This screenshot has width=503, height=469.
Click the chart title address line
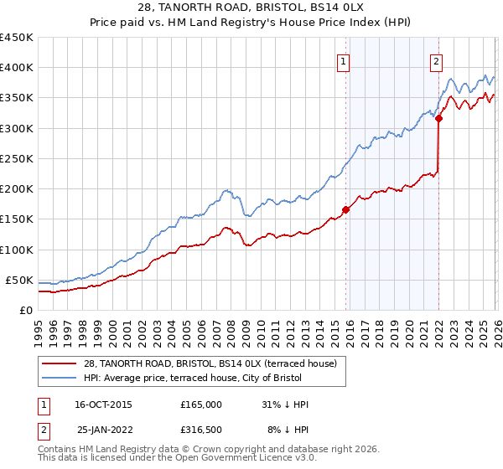pos(251,8)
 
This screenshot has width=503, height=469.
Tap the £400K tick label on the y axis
pos(16,68)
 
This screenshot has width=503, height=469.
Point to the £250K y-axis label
pos(16,158)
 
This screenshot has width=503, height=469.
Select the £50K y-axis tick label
pos(19,280)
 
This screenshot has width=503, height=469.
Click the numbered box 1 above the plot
pos(345,60)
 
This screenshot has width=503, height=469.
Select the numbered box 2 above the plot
pos(438,60)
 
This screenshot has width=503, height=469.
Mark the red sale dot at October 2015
pos(345,209)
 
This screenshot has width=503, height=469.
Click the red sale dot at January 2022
pos(438,118)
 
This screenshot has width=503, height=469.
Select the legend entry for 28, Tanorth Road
pos(210,363)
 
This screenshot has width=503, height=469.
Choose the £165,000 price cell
pos(201,405)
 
